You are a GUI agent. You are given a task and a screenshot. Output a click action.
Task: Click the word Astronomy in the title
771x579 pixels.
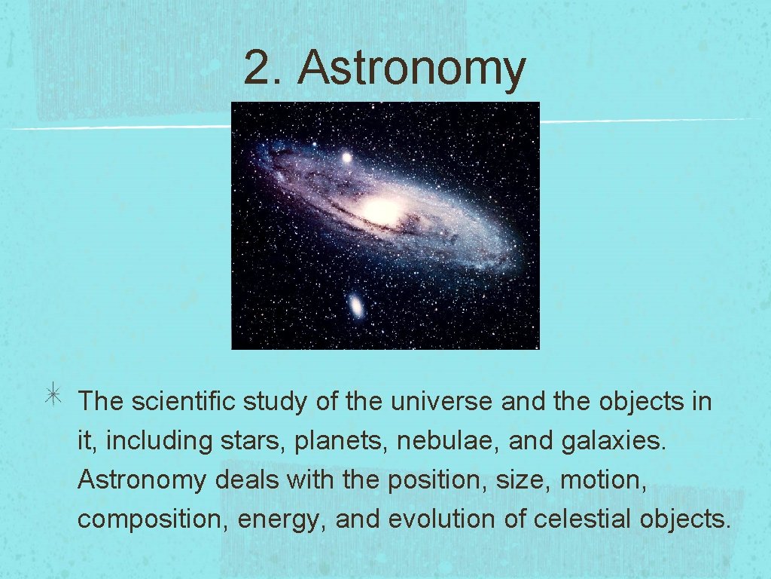tap(411, 69)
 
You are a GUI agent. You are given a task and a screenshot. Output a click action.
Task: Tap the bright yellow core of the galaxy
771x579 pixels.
tap(382, 210)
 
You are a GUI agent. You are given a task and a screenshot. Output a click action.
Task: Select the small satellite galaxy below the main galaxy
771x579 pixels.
tap(355, 305)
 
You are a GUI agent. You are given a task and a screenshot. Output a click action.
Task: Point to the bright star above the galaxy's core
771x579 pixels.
tap(346, 158)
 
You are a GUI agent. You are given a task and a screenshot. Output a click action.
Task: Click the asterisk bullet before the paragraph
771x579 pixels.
tap(57, 400)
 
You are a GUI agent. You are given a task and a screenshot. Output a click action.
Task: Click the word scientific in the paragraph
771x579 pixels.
tap(184, 402)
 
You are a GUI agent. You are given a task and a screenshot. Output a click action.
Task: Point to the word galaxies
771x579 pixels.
tap(614, 441)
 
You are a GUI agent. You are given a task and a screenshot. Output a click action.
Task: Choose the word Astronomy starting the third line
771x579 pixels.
tap(141, 480)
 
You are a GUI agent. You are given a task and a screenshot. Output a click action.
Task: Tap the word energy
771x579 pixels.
tap(282, 519)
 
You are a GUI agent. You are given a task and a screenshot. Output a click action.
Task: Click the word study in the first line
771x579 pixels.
tap(276, 402)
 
